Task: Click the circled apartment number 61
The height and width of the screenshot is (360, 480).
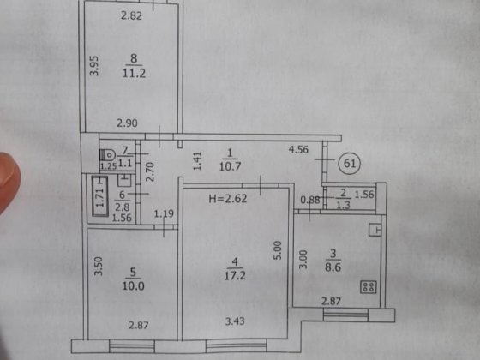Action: pyautogui.click(x=350, y=163)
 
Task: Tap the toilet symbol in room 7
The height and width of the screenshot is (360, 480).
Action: pyautogui.click(x=107, y=155)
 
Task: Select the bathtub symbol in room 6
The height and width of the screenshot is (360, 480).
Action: pyautogui.click(x=99, y=196)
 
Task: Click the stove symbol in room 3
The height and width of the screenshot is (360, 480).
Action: pyautogui.click(x=368, y=287)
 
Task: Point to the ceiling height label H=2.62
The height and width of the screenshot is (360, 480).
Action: pyautogui.click(x=228, y=199)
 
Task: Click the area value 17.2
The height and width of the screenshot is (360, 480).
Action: pyautogui.click(x=235, y=276)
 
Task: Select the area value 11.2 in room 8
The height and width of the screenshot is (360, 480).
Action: pyautogui.click(x=134, y=73)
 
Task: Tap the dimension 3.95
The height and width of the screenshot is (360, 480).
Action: pyautogui.click(x=94, y=65)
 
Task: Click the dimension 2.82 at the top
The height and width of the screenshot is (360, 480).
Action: pyautogui.click(x=131, y=15)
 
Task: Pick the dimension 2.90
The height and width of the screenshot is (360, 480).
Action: pyautogui.click(x=127, y=123)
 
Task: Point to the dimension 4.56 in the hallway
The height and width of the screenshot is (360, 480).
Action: pyautogui.click(x=298, y=150)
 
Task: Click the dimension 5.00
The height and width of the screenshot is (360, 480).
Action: pyautogui.click(x=277, y=250)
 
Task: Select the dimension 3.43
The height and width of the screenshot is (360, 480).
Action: pyautogui.click(x=235, y=321)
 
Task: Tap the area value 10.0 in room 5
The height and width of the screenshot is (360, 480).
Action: pyautogui.click(x=134, y=286)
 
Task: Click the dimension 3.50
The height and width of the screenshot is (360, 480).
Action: pyautogui.click(x=99, y=266)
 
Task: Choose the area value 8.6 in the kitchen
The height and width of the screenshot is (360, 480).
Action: pyautogui.click(x=333, y=267)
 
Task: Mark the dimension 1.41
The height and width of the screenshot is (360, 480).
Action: pyautogui.click(x=197, y=161)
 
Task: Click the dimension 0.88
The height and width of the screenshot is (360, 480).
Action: pyautogui.click(x=309, y=200)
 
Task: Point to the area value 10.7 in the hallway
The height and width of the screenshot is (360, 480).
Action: pyautogui.click(x=231, y=166)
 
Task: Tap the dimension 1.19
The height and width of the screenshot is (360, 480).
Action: pyautogui.click(x=164, y=213)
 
